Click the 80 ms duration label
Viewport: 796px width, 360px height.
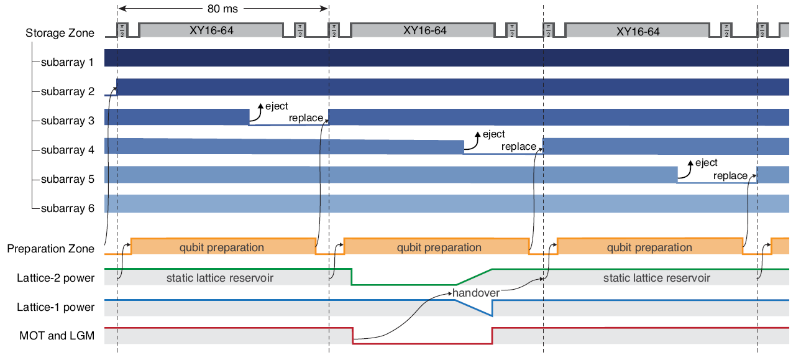point(222,9)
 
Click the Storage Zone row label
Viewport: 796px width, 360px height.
point(60,33)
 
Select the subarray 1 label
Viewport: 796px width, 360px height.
point(67,62)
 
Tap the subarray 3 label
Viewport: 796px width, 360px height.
point(67,121)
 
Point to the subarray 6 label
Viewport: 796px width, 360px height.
point(67,208)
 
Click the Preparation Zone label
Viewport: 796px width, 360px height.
point(51,249)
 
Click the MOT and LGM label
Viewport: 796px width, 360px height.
point(57,336)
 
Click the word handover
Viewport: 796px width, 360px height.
point(475,293)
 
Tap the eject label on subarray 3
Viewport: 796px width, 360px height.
point(277,106)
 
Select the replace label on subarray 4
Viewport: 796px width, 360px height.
point(519,147)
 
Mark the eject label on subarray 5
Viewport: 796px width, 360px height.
point(707,163)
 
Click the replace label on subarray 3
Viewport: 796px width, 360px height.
point(306,118)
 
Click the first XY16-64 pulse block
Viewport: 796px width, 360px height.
point(211,30)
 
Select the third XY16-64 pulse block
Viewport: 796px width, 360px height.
point(638,32)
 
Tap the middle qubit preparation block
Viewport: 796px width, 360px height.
point(439,247)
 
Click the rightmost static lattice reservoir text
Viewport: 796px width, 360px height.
point(656,278)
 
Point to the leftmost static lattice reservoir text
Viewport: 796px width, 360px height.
point(220,278)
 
